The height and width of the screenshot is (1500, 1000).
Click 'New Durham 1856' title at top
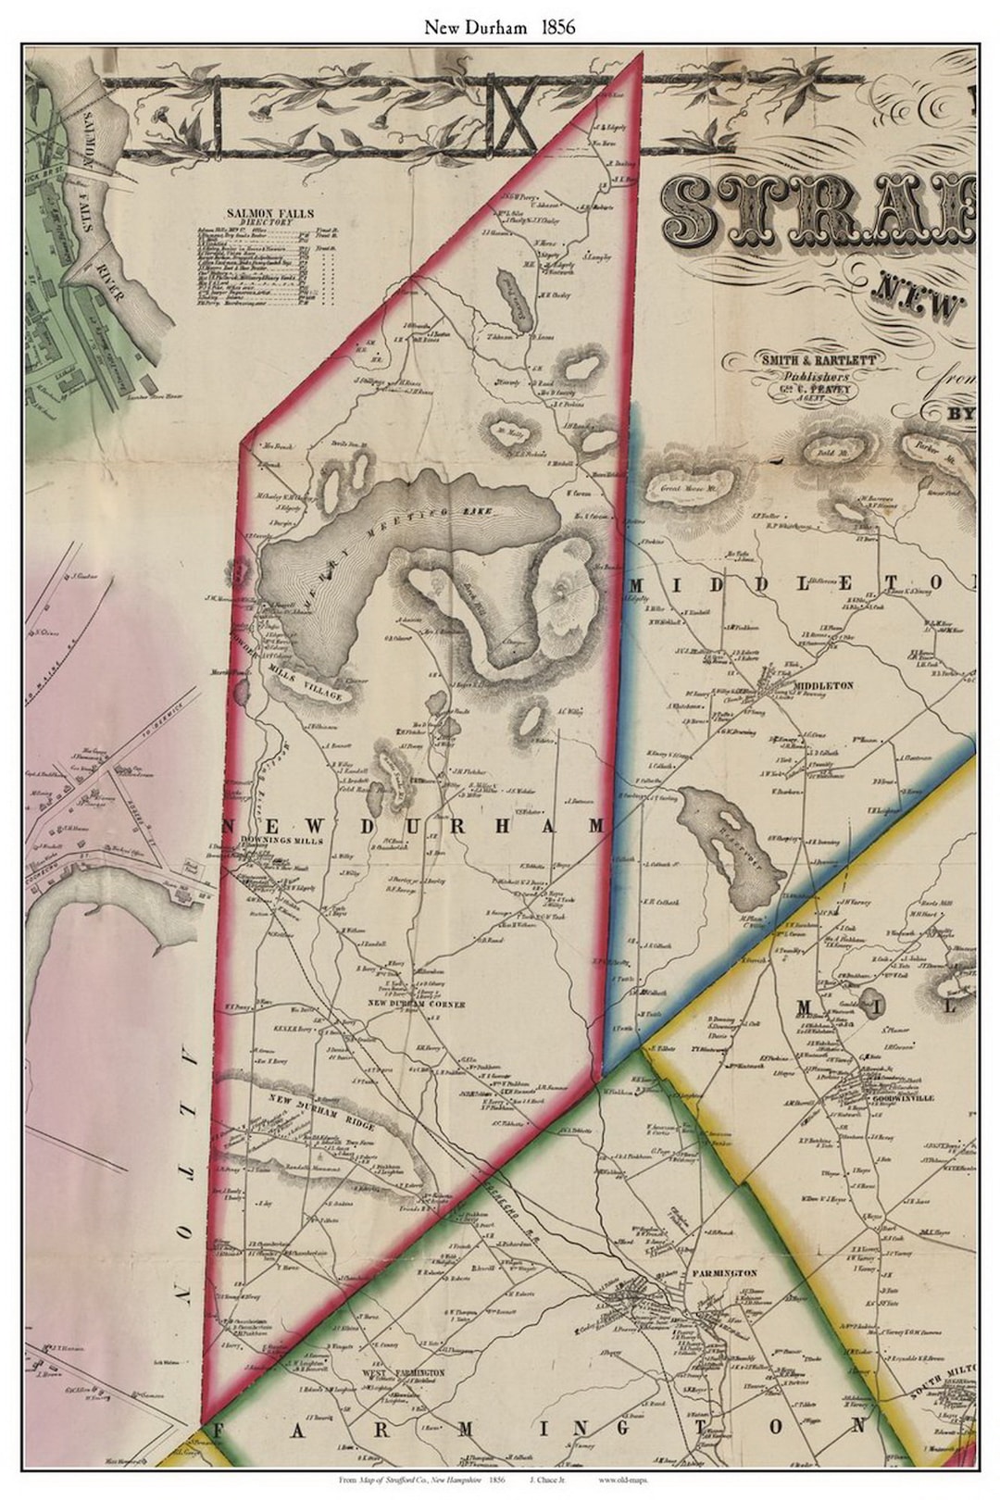coord(500,27)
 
